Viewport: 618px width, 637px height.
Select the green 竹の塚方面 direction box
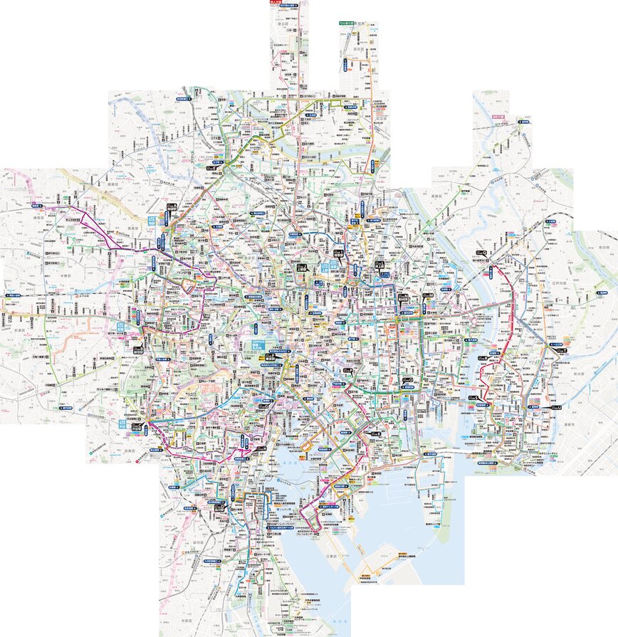pyautogui.click(x=347, y=23)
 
